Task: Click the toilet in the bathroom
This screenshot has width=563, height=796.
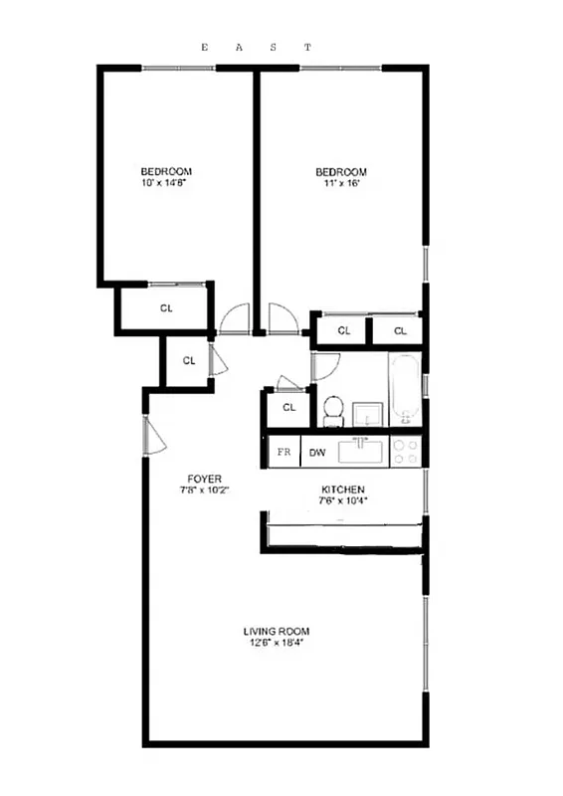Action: pyautogui.click(x=334, y=410)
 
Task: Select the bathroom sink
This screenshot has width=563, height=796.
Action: pyautogui.click(x=367, y=412)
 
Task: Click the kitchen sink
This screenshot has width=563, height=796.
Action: pyautogui.click(x=361, y=452)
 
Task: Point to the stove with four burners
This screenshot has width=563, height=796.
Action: pyautogui.click(x=406, y=452)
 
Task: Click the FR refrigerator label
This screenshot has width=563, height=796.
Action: pyautogui.click(x=284, y=453)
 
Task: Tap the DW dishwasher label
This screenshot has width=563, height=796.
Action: pyautogui.click(x=317, y=453)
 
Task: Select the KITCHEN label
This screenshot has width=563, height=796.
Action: pyautogui.click(x=342, y=490)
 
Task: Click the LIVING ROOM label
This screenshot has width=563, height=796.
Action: pyautogui.click(x=277, y=631)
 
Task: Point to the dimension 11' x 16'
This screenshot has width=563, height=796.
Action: pyautogui.click(x=342, y=183)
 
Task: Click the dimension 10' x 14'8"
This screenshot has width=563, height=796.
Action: pyautogui.click(x=165, y=183)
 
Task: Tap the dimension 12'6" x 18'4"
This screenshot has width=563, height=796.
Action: pyautogui.click(x=277, y=643)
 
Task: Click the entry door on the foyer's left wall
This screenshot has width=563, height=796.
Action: pyautogui.click(x=153, y=435)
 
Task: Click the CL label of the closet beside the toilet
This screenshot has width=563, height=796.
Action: pyautogui.click(x=289, y=408)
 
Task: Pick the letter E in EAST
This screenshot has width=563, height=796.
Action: pyautogui.click(x=205, y=47)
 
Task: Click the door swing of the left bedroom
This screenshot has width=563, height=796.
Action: pyautogui.click(x=234, y=318)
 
